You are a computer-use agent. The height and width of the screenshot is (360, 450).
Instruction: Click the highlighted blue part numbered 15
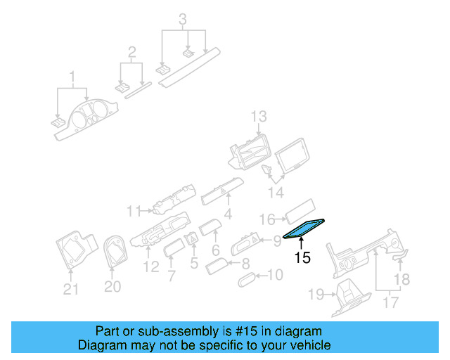(x=304, y=228)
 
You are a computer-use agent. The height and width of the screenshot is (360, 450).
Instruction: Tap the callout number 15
(x=302, y=258)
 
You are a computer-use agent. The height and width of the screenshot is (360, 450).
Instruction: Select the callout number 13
(x=259, y=116)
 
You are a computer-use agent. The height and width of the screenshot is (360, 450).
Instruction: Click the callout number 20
(x=112, y=286)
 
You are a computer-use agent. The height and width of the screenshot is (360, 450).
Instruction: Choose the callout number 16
(x=267, y=219)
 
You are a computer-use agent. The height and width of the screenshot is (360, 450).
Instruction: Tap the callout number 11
(x=134, y=210)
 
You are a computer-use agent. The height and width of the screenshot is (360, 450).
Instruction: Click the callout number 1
(x=71, y=75)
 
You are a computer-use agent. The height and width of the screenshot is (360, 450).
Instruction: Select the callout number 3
(x=183, y=19)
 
